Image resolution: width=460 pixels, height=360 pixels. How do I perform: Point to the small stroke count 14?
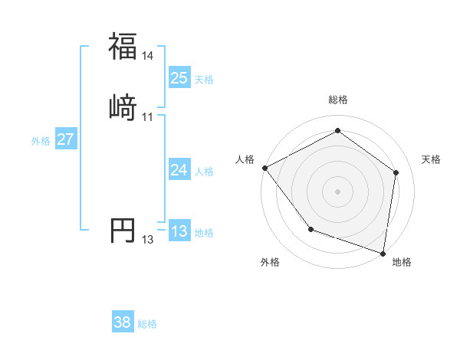(148, 56)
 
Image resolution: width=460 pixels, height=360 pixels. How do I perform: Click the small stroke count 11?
(148, 116)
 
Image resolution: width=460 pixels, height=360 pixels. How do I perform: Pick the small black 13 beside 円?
(148, 240)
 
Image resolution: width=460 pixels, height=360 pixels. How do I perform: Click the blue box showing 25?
(179, 78)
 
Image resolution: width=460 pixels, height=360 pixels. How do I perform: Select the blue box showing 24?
(179, 170)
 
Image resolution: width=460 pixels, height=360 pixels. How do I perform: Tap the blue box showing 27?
(66, 139)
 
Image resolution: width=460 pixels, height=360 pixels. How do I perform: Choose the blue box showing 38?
(123, 322)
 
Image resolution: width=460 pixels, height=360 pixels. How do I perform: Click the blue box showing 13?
(179, 231)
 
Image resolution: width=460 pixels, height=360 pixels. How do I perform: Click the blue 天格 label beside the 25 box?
(204, 80)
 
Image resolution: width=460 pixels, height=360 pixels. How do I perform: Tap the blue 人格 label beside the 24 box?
(204, 172)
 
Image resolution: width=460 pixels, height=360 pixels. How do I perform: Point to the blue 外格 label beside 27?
(41, 141)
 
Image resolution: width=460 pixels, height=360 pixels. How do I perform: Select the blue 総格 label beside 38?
(147, 324)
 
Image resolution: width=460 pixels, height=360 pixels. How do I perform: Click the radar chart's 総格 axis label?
(338, 100)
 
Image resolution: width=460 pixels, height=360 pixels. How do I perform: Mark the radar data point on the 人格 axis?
(264, 167)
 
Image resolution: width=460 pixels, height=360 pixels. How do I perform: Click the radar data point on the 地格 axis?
(383, 252)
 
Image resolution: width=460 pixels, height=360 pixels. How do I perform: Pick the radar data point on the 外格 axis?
(310, 229)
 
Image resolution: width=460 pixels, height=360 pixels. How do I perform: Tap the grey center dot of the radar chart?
(338, 191)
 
